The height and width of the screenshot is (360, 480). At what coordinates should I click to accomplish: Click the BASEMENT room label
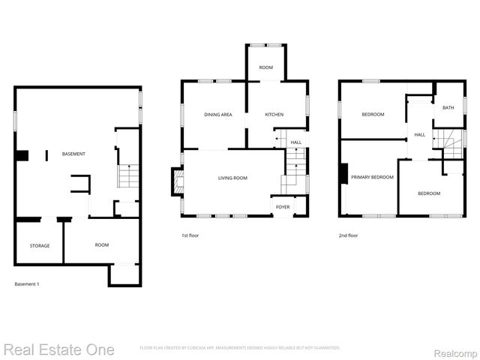74,154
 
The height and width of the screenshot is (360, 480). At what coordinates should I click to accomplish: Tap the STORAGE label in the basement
40,245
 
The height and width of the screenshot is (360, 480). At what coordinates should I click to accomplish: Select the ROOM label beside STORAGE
102,245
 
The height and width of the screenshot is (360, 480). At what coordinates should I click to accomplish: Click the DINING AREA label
217,114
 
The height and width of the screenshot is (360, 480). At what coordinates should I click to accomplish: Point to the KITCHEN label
274,114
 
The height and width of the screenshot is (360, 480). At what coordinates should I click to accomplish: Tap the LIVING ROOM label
232,178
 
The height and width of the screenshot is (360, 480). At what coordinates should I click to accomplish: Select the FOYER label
283,206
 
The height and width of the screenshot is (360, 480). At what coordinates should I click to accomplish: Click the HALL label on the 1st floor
296,142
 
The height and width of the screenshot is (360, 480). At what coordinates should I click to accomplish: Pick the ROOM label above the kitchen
266,68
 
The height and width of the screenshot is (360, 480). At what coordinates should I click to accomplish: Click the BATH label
448,108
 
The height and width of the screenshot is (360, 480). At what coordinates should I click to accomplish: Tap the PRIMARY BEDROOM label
372,177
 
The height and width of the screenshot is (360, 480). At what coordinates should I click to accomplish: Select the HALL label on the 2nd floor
419,135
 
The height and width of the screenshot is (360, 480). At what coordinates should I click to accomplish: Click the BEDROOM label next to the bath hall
373,114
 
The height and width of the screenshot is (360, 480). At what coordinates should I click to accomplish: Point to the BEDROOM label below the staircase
429,193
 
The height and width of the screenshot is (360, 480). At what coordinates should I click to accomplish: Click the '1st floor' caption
190,235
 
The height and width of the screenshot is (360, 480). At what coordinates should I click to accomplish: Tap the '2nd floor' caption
348,235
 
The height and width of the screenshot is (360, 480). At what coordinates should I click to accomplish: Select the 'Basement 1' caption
27,284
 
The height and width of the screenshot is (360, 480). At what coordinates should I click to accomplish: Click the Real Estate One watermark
58,349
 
